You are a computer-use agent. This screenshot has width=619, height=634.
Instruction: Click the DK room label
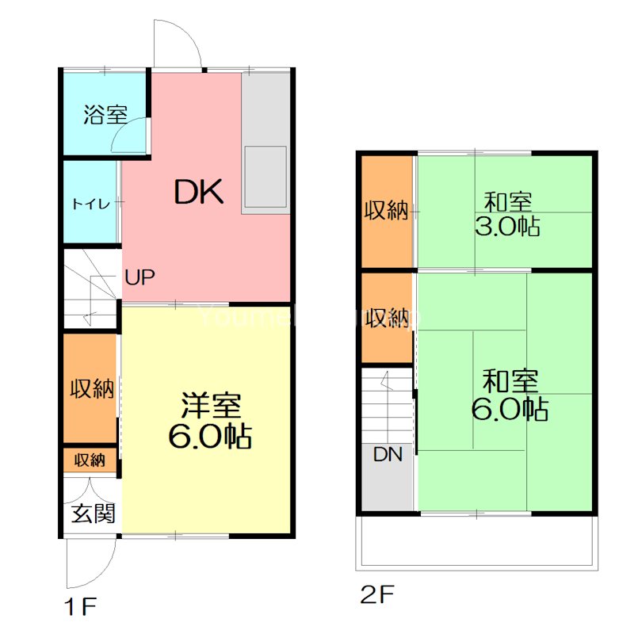point(201,192)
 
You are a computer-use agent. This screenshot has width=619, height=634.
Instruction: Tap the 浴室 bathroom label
point(105,114)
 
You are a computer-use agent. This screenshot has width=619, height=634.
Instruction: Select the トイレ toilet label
point(91,203)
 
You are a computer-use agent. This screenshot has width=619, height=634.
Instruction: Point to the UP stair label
point(139,277)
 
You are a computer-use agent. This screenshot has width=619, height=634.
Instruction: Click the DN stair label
point(388,454)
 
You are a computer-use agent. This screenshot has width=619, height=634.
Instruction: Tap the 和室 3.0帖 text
point(508,214)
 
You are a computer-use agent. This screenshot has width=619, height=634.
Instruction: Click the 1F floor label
point(81,608)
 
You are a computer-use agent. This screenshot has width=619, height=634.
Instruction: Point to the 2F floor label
point(377,594)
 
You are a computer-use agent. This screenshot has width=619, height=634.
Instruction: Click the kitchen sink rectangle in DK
point(266,176)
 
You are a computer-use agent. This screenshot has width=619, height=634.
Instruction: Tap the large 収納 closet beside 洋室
point(91,388)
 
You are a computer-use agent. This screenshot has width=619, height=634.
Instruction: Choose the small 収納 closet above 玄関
point(90,460)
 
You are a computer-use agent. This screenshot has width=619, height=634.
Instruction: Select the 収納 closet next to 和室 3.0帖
point(387,211)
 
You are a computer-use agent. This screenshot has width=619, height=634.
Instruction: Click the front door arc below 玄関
point(89,564)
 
